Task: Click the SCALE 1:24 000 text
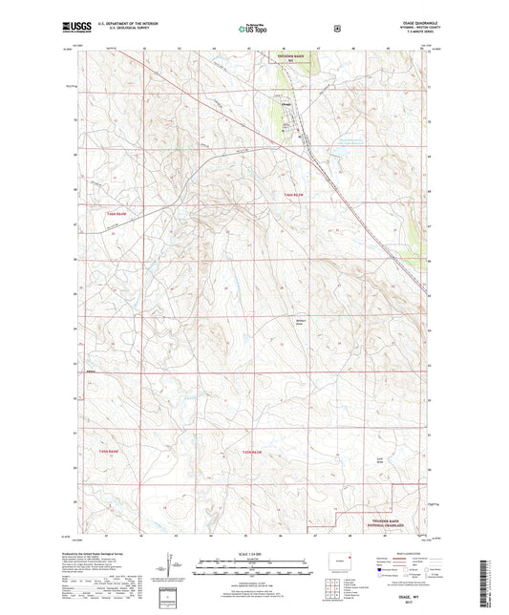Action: [x=253, y=553]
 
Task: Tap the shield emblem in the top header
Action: [x=334, y=29]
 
